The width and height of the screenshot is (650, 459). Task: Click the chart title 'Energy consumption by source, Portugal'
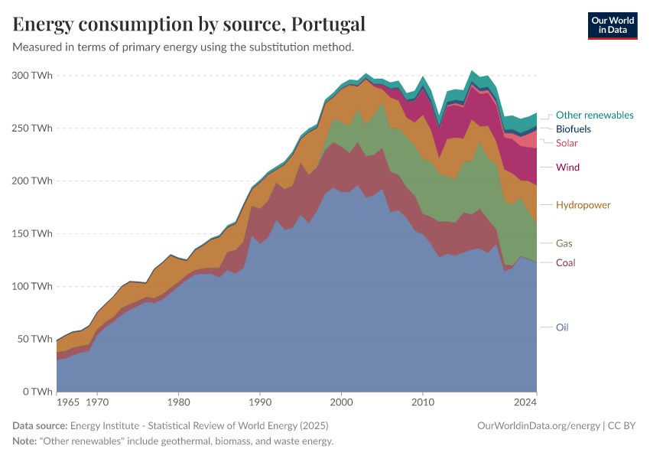(189, 24)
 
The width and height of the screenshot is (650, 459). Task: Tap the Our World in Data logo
(612, 25)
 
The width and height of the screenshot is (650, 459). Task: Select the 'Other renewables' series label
(594, 116)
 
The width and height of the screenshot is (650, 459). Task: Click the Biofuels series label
(573, 129)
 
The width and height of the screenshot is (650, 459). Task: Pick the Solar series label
(567, 143)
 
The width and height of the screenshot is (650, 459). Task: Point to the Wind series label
(567, 168)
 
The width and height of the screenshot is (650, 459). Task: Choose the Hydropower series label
(583, 205)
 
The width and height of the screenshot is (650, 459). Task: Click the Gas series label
(564, 243)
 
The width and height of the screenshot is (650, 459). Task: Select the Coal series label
(565, 263)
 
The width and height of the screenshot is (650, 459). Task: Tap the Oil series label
(562, 327)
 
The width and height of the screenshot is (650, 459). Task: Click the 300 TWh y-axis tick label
(31, 76)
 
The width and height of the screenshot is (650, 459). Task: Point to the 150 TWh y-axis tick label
(31, 234)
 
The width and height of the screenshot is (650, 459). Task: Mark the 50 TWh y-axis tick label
(34, 339)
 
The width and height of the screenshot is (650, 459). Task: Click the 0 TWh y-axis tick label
(37, 392)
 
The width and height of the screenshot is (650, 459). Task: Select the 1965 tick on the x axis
(67, 401)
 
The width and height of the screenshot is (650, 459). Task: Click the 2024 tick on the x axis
(526, 401)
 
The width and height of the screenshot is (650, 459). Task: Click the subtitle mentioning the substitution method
(183, 47)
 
